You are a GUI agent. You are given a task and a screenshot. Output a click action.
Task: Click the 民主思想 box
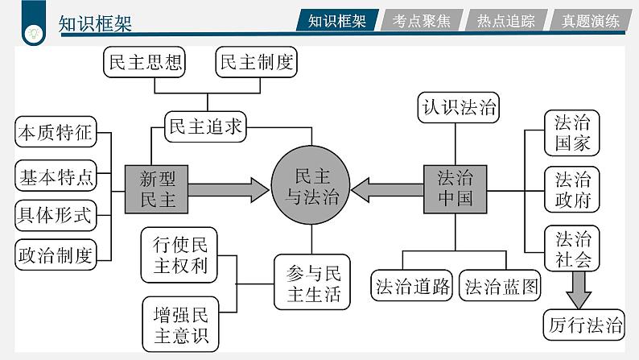point(145,62)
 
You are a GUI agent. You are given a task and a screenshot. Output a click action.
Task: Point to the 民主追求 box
point(204,126)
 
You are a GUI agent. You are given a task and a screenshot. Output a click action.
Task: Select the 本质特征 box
point(55,133)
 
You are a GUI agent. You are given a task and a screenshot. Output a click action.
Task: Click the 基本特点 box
point(55,175)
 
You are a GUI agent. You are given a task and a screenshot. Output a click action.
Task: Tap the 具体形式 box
point(55,215)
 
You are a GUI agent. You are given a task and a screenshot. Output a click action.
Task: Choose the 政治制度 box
point(55,255)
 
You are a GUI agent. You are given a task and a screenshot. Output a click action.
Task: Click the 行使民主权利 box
point(180,255)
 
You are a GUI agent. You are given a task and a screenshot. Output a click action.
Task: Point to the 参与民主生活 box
point(312,283)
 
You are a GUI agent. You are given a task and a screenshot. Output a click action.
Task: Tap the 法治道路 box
point(413,287)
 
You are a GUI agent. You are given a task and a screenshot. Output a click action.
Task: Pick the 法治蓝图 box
point(501,287)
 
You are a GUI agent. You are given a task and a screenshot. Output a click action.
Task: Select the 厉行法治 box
point(583,325)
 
